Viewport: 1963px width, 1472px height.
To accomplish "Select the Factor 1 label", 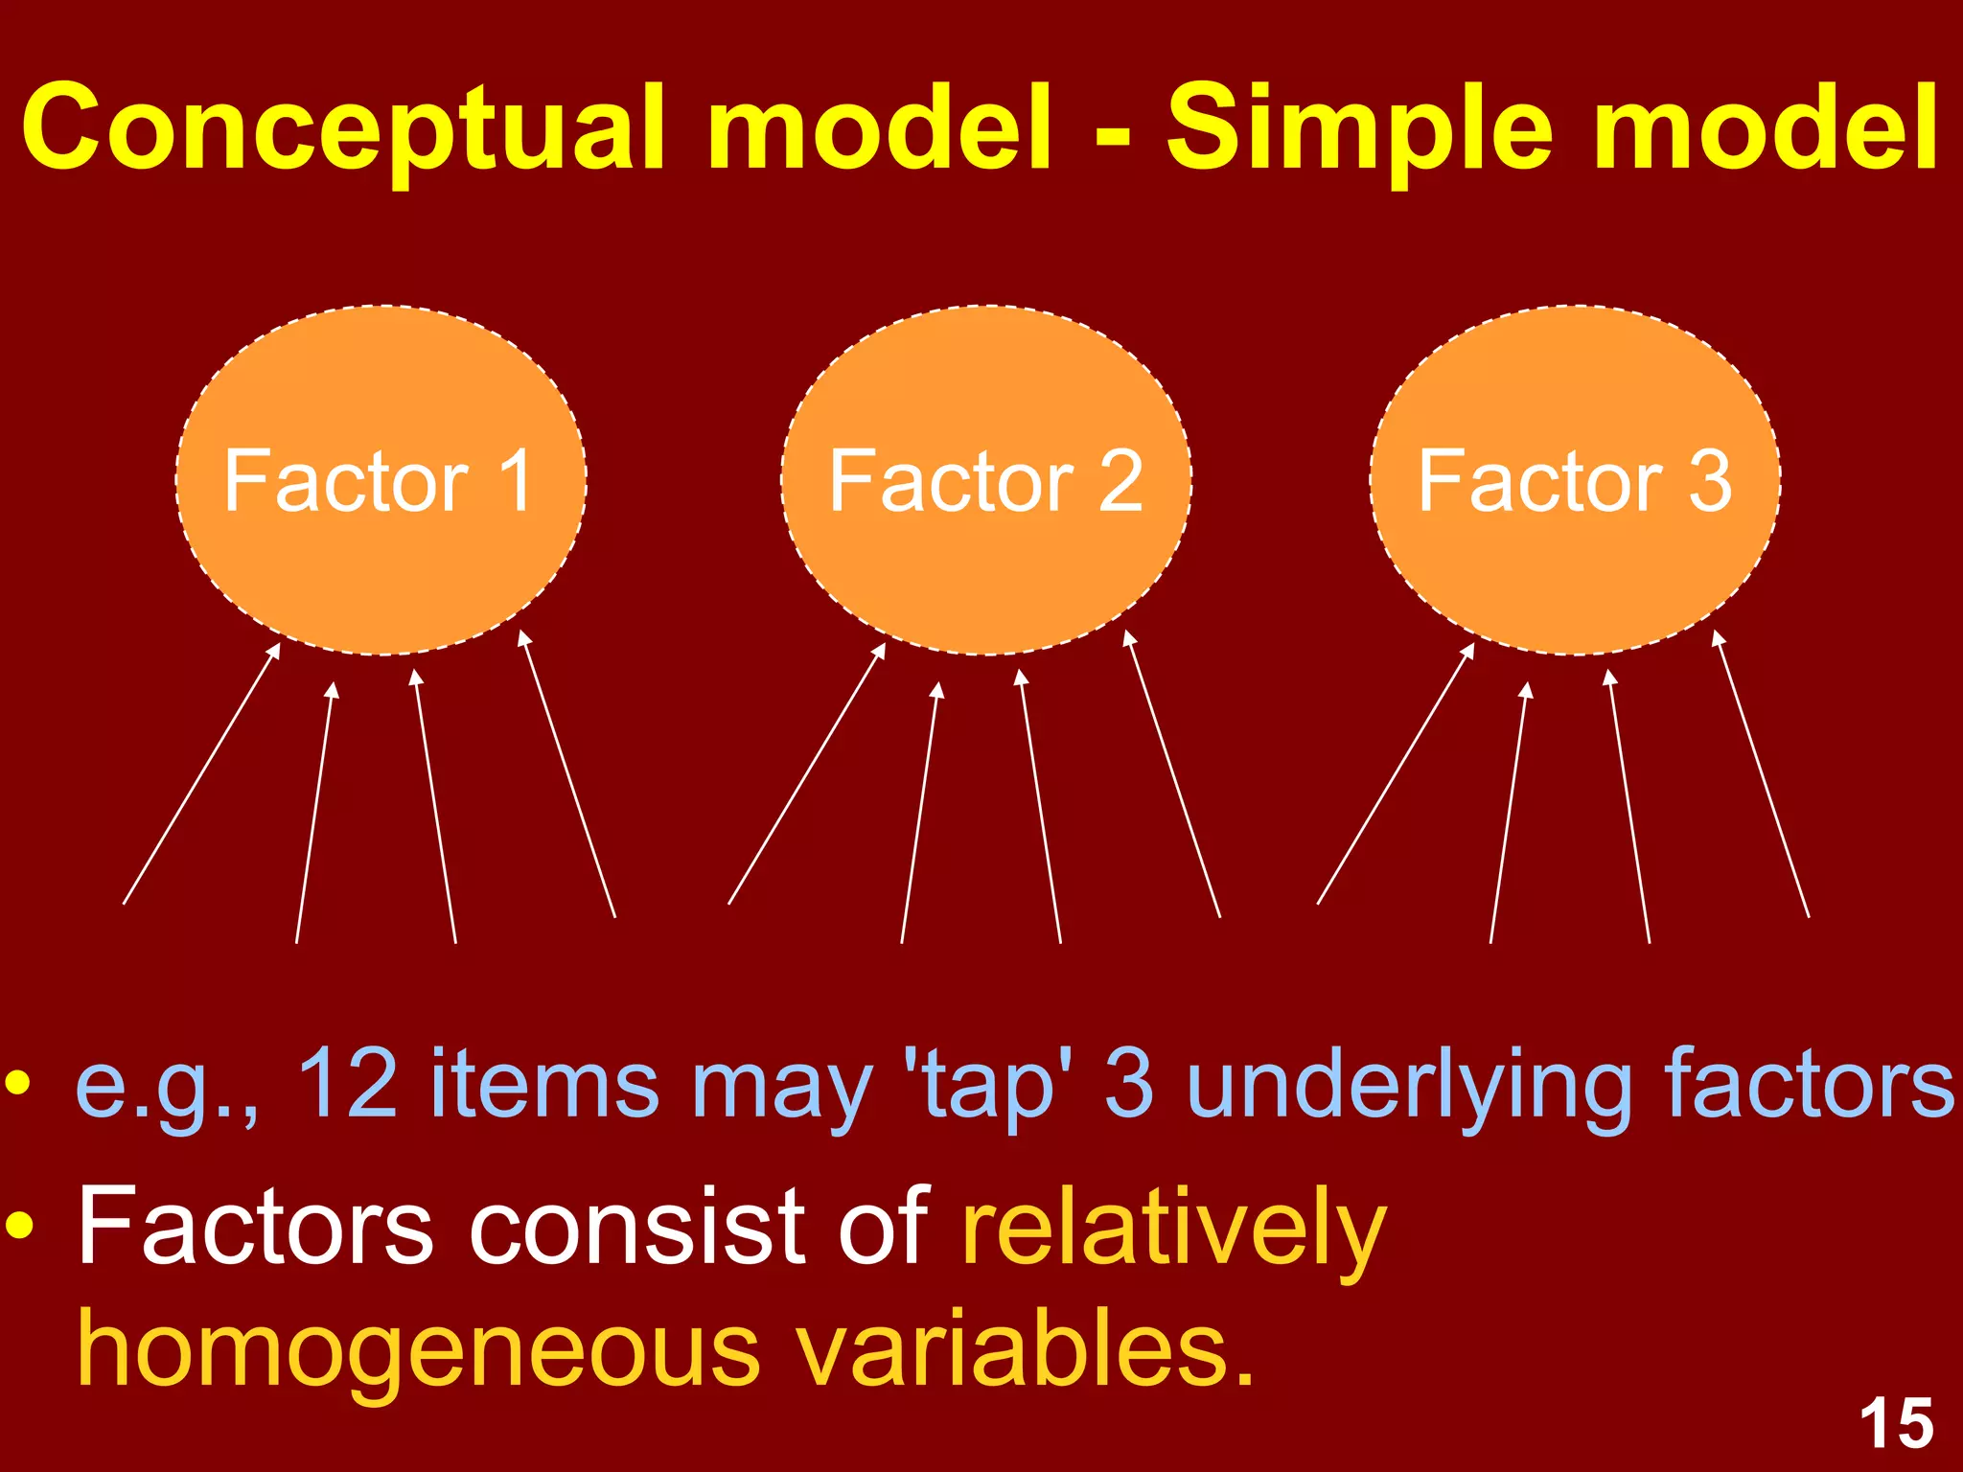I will point(379,481).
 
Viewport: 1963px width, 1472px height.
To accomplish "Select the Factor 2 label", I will point(985,481).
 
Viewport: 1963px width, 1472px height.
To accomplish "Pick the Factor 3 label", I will point(1575,481).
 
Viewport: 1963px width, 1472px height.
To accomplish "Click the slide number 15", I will point(1896,1424).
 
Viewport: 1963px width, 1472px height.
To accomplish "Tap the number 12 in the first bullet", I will point(347,1083).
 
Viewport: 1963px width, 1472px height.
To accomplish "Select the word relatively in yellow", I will point(1174,1229).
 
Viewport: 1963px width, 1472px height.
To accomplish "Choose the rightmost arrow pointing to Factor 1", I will point(567,774).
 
